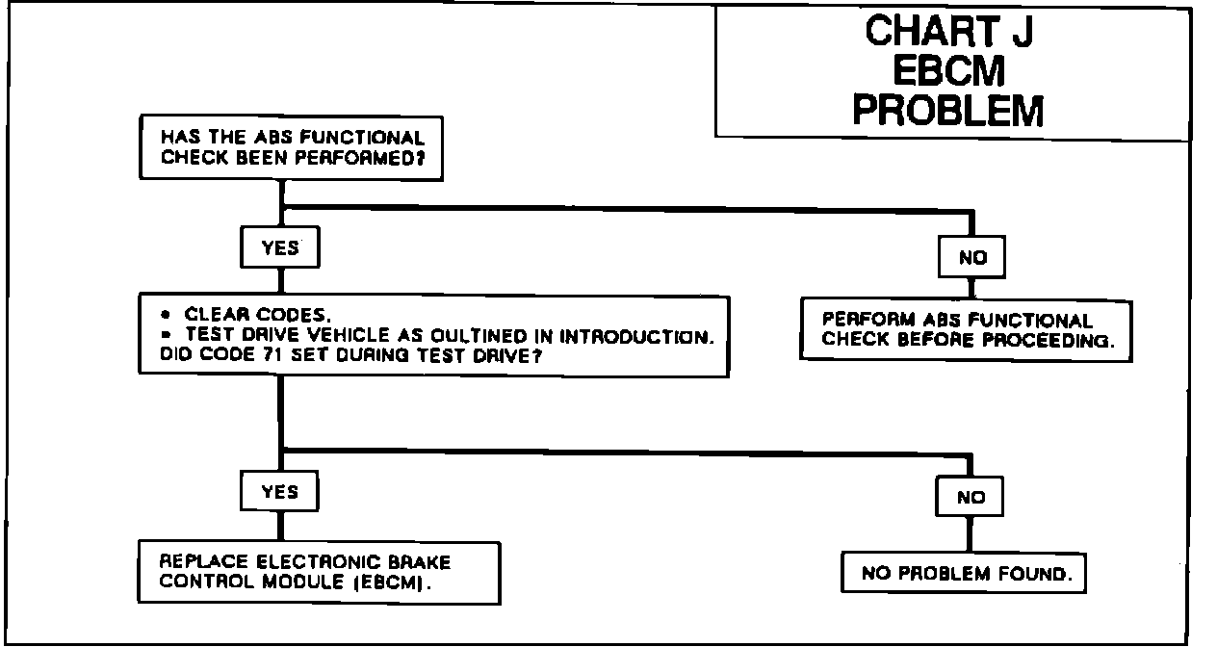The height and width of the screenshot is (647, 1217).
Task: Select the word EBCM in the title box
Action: [948, 71]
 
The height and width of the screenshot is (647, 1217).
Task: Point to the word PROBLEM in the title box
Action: [948, 110]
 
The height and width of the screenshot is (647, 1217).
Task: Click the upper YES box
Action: [279, 248]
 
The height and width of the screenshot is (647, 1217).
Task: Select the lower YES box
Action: [279, 492]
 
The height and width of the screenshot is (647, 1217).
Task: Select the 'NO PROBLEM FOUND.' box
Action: [964, 575]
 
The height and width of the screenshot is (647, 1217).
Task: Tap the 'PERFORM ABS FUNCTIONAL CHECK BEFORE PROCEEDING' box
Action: [965, 330]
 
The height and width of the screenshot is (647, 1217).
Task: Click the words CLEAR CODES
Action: [258, 315]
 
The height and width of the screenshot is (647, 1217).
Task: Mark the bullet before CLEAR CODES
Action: [166, 315]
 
